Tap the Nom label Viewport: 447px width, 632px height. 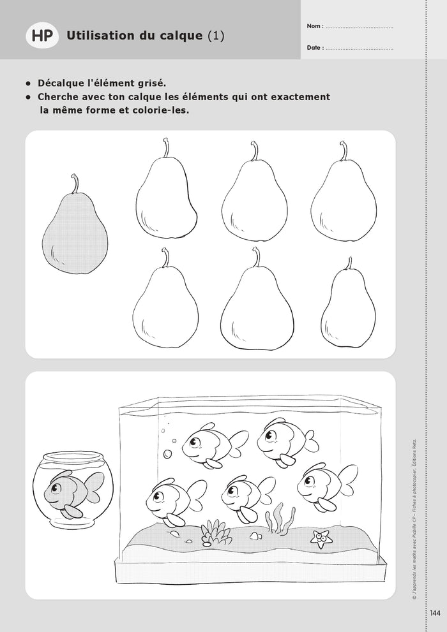tap(314, 27)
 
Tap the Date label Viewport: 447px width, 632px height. tap(315, 48)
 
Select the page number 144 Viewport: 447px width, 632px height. tap(436, 614)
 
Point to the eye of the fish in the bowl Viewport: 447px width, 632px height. tap(56, 489)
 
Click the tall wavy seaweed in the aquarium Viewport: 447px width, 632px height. tap(278, 518)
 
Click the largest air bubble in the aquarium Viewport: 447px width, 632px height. tap(168, 454)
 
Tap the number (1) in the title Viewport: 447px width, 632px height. tap(216, 36)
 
